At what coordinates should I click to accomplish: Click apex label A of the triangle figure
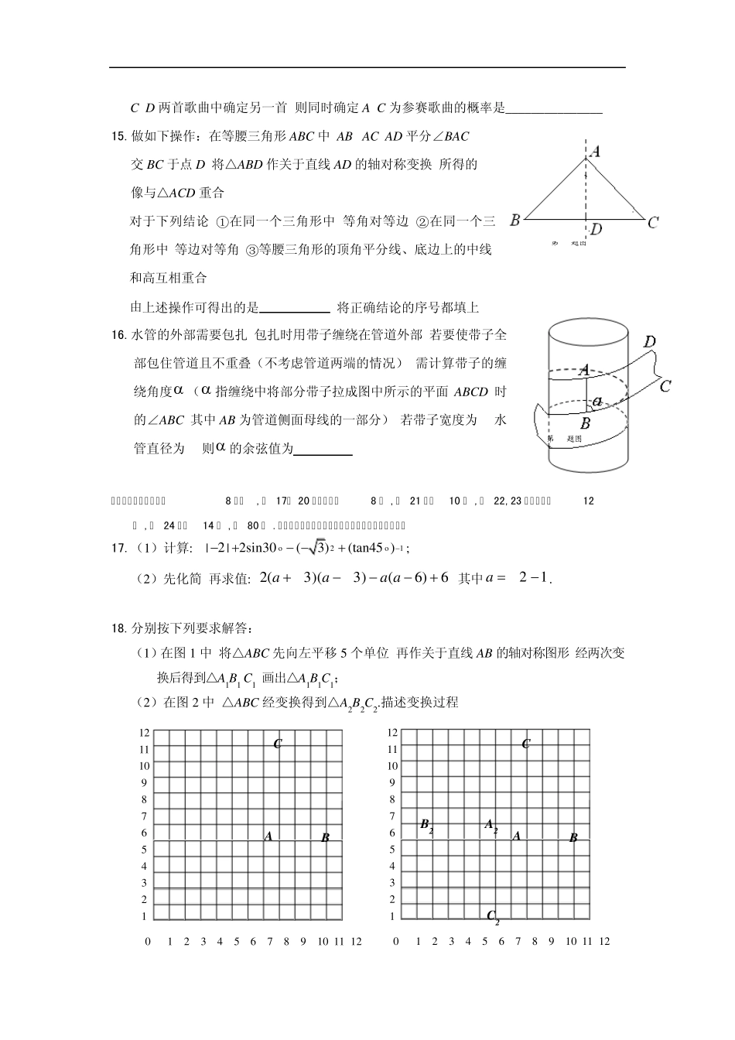tap(594, 152)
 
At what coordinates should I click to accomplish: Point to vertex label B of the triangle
tap(514, 221)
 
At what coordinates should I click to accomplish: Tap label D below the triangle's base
tap(596, 229)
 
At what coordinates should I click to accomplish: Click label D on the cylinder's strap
tap(650, 342)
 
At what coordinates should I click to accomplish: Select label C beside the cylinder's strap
tap(665, 385)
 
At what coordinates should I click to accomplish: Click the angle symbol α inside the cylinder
tap(597, 401)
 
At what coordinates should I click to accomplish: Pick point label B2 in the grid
tap(426, 826)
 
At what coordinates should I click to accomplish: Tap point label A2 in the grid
tap(491, 826)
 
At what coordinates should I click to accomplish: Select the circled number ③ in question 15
tap(251, 250)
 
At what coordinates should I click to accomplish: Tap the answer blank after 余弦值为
tap(323, 449)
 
